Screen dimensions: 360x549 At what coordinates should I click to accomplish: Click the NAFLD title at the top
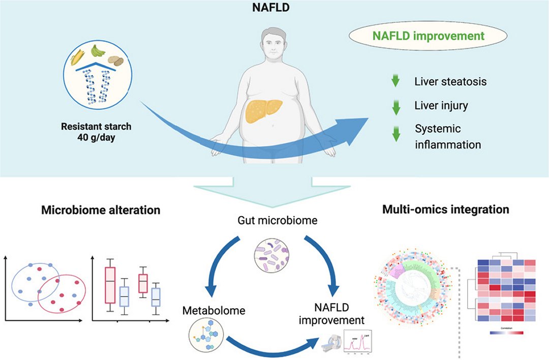[x=274, y=9]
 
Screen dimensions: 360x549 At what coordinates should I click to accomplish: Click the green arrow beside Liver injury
[x=396, y=106]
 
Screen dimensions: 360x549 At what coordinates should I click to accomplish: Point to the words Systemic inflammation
[x=447, y=136]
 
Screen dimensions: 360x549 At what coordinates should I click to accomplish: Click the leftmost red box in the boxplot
[x=110, y=284]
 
